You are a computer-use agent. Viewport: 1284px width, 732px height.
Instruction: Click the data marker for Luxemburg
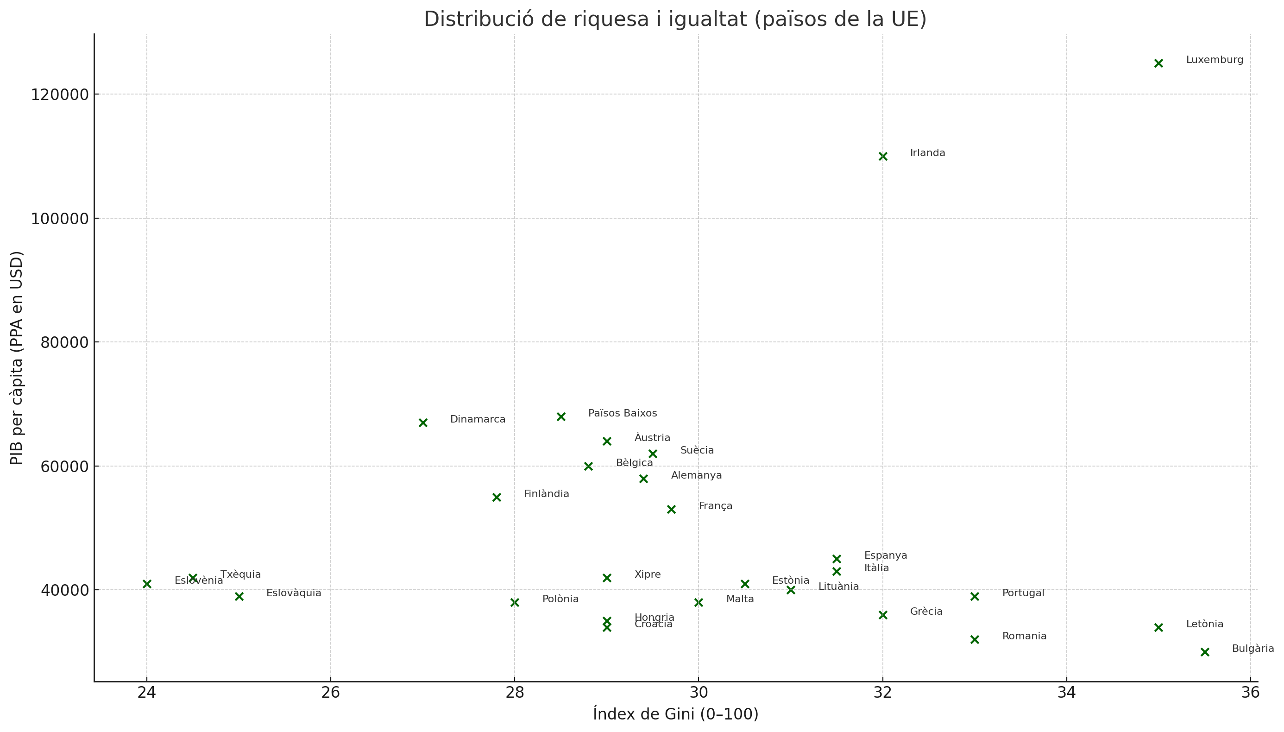(1158, 63)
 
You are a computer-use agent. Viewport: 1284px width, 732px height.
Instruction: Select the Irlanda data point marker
(882, 156)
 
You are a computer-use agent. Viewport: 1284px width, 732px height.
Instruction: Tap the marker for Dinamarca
(422, 423)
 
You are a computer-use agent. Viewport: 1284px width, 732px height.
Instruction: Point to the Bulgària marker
(1205, 652)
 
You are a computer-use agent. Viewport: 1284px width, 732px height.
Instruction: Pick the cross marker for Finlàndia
(497, 497)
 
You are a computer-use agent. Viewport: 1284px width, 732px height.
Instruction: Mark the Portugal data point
(975, 596)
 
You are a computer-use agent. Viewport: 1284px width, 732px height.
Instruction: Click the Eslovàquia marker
(239, 596)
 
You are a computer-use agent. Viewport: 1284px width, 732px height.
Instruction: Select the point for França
(671, 509)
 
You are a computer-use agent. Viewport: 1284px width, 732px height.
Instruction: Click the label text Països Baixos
(622, 413)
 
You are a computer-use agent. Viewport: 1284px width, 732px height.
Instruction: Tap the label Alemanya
(696, 475)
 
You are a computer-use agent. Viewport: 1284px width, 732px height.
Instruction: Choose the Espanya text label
(885, 555)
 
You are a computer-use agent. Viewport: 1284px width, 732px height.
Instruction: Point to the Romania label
(1024, 636)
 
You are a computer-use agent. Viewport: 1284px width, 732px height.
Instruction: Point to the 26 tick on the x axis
(330, 693)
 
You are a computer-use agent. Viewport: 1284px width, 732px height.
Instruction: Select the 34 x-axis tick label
(1066, 693)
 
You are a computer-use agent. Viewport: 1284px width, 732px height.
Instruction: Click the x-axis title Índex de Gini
(675, 714)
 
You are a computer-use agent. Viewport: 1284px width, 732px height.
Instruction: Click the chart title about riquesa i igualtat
(675, 19)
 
